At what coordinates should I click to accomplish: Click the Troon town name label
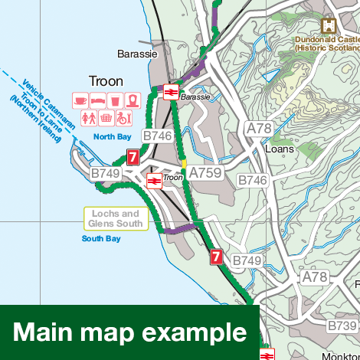106,80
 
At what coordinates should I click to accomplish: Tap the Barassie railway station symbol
171,93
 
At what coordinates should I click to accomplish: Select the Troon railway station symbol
153,180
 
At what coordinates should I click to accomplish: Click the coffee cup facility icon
79,100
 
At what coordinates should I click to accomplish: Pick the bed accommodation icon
97,100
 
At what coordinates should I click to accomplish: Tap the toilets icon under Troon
88,118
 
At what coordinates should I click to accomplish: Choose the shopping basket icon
106,118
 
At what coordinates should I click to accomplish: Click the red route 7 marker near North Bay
133,158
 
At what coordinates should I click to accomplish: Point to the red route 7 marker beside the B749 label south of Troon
216,257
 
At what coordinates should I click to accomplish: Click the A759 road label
205,173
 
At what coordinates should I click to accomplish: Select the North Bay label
113,137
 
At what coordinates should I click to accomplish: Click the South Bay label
101,239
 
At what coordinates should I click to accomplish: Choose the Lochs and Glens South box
116,218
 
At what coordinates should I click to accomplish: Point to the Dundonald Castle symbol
328,25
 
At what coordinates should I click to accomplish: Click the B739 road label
342,326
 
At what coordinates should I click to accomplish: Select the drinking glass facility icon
114,100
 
